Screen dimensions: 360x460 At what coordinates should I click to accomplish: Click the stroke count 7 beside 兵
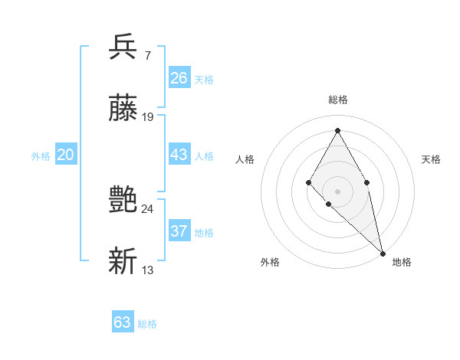[147, 55]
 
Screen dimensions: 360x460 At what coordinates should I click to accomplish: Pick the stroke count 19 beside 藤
[148, 116]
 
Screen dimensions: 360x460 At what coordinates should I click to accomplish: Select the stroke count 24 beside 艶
[148, 208]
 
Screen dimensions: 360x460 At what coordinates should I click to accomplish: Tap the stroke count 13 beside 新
[148, 270]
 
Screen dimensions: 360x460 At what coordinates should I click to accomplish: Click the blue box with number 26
[179, 78]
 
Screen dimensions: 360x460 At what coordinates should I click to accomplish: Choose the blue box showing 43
[179, 155]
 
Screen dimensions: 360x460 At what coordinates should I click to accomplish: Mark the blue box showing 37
[179, 231]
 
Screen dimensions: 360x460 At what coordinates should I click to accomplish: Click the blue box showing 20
[65, 155]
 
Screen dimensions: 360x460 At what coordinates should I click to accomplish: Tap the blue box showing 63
[123, 322]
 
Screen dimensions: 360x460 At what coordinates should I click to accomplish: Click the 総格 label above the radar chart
[338, 100]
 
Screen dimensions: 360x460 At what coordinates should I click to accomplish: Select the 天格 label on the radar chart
[431, 159]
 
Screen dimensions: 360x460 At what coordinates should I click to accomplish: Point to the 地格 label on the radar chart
[402, 262]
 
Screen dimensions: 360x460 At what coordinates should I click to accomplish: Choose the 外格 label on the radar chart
[270, 262]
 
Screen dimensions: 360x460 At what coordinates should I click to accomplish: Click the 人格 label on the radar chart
[245, 159]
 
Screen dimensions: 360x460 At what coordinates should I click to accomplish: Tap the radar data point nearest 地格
[383, 253]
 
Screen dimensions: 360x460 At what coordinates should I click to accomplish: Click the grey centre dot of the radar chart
[337, 191]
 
